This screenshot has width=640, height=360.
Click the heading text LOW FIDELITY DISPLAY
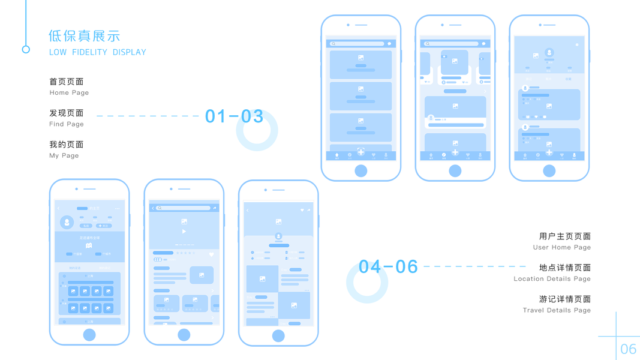pos(97,52)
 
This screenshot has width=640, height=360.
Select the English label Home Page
pos(69,93)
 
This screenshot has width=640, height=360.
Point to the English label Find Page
pos(67,124)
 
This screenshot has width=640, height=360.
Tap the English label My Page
pos(64,155)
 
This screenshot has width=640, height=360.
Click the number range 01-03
pos(234,116)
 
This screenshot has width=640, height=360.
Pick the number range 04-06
pos(388,267)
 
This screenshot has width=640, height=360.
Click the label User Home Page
pos(561,247)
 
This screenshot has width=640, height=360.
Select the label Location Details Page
pos(552,279)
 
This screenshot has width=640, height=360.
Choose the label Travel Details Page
pos(557,310)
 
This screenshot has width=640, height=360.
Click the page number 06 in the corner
pos(628,349)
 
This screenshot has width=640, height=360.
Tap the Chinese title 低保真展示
pos(84,36)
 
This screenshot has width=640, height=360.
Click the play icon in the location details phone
pos(184,232)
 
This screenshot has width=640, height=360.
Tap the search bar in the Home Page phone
pos(357,44)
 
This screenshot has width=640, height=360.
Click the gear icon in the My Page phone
pos(577,45)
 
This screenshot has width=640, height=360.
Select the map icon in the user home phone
pos(89,245)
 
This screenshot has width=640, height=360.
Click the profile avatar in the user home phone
pos(67,223)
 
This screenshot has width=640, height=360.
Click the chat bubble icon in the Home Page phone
pos(389,44)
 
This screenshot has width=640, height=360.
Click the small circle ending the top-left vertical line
pos(26,49)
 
